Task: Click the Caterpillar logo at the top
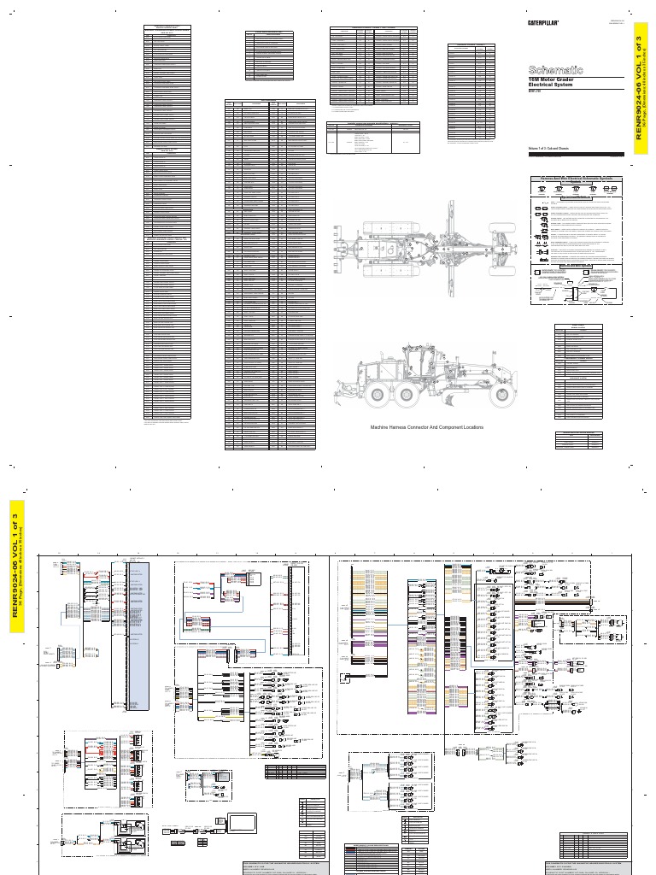[542, 23]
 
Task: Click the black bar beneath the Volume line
[577, 155]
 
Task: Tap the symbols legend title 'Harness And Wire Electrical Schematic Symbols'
[577, 179]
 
